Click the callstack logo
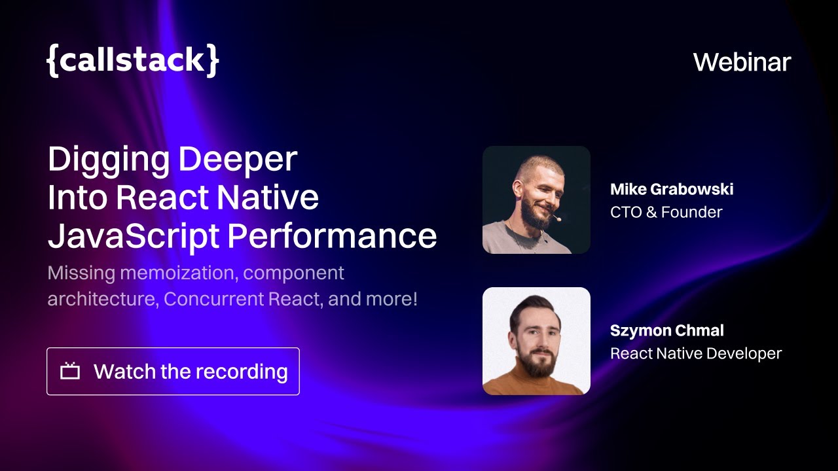point(133,61)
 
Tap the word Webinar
point(742,62)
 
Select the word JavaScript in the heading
point(134,235)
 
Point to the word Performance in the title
point(332,235)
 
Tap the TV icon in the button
point(70,372)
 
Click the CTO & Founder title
point(666,212)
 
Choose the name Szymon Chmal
point(666,331)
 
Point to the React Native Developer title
point(696,353)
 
